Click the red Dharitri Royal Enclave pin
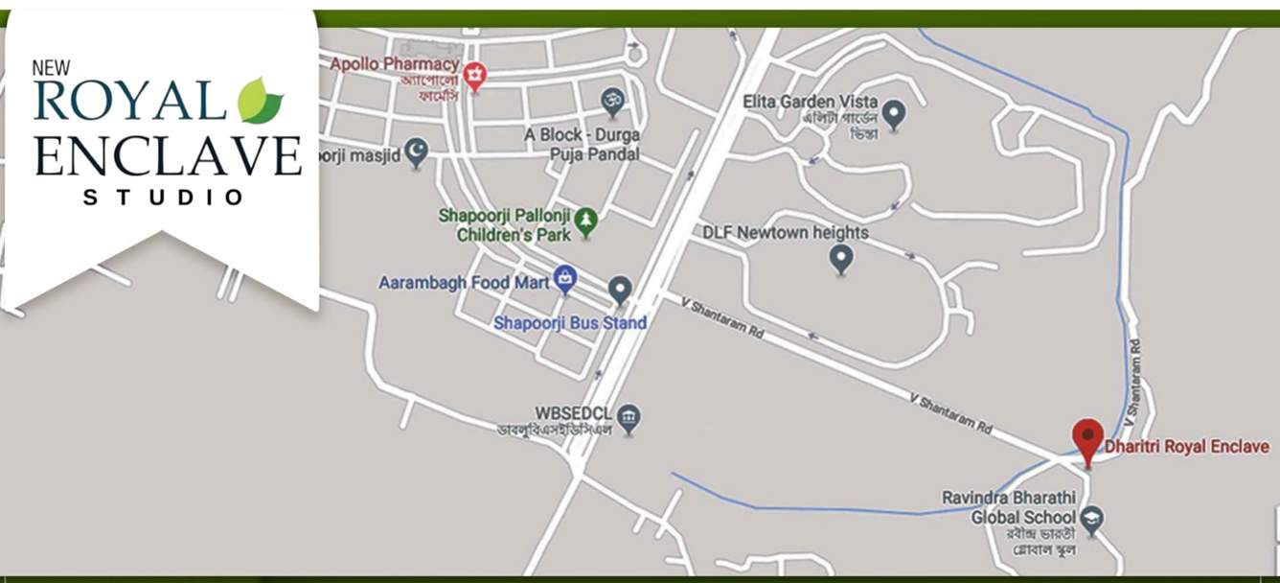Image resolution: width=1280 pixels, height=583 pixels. click(1087, 438)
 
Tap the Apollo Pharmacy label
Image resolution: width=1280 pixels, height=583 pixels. click(395, 64)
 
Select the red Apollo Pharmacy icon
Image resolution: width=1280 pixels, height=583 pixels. click(474, 74)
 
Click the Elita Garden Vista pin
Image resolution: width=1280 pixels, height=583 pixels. click(894, 113)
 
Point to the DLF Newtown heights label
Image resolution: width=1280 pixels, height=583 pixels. click(785, 232)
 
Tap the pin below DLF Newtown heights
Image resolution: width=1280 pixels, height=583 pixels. click(841, 257)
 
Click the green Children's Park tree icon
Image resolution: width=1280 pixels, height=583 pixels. click(585, 222)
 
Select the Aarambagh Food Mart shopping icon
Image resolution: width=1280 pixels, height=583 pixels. click(565, 279)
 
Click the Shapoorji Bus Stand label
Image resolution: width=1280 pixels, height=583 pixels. click(570, 323)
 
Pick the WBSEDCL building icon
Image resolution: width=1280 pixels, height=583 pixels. click(629, 417)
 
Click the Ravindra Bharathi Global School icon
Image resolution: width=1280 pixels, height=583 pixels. click(1091, 520)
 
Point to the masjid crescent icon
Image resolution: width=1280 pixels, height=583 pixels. click(416, 151)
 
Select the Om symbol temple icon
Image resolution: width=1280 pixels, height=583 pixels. click(611, 100)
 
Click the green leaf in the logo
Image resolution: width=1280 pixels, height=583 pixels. click(260, 100)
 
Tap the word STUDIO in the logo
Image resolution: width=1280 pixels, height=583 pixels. click(164, 198)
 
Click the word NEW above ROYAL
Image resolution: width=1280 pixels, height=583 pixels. click(52, 67)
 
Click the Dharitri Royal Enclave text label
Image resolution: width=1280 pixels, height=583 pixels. click(1186, 447)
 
